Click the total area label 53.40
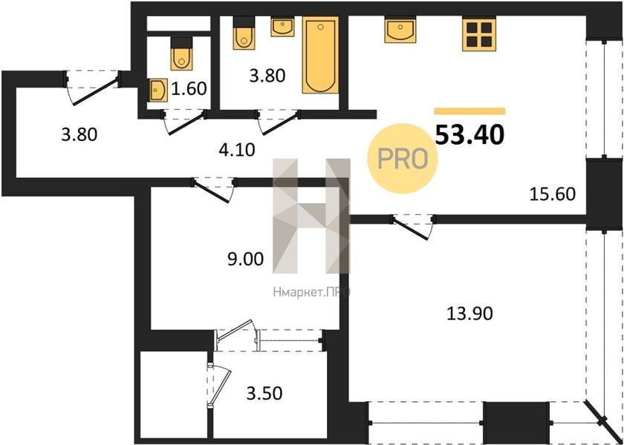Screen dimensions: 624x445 pyautogui.click(x=470, y=135)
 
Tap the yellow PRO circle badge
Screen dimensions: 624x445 pyautogui.click(x=403, y=159)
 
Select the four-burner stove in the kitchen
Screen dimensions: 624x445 pyautogui.click(x=479, y=34)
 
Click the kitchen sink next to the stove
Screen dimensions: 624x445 pyautogui.click(x=400, y=30)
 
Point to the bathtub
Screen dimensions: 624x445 pyautogui.click(x=320, y=55)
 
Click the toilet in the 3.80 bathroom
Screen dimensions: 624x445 pyautogui.click(x=244, y=33)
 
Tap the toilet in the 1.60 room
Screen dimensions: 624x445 pyautogui.click(x=181, y=54)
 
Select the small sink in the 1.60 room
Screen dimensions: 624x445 pyautogui.click(x=159, y=90)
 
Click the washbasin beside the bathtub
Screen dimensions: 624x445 pyautogui.click(x=282, y=27)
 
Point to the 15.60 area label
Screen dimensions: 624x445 pyautogui.click(x=553, y=194)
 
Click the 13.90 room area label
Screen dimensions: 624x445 pyautogui.click(x=470, y=314)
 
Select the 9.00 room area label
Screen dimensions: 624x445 pyautogui.click(x=245, y=259)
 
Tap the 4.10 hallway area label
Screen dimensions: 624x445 pyautogui.click(x=237, y=150)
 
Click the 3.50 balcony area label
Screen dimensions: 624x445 pyautogui.click(x=264, y=393)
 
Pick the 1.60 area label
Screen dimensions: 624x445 pyautogui.click(x=189, y=88)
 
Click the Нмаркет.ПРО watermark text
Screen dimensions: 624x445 pyautogui.click(x=311, y=292)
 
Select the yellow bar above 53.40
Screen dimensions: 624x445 pyautogui.click(x=469, y=111)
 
